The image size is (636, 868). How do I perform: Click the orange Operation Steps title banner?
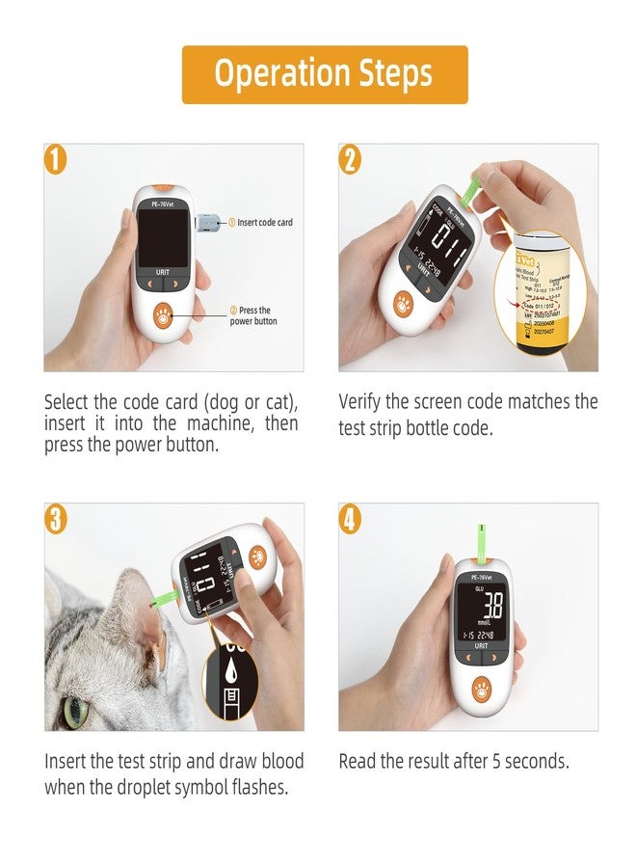325,74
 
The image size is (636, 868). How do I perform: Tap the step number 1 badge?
57,158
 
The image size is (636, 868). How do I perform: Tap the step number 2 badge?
351,158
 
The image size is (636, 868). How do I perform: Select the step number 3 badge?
57,519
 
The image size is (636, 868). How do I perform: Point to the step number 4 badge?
351,519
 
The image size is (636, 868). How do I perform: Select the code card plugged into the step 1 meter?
206,223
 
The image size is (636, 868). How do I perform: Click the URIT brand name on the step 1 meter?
163,273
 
